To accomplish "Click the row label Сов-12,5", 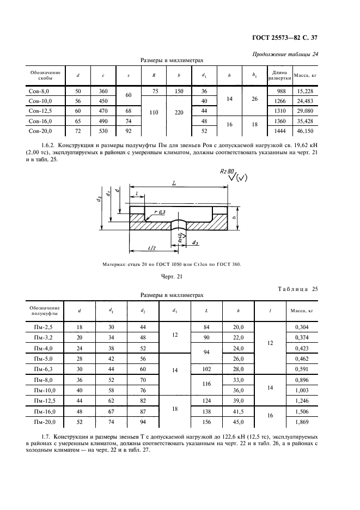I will (x=41, y=111).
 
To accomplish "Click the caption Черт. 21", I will (x=170, y=277).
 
